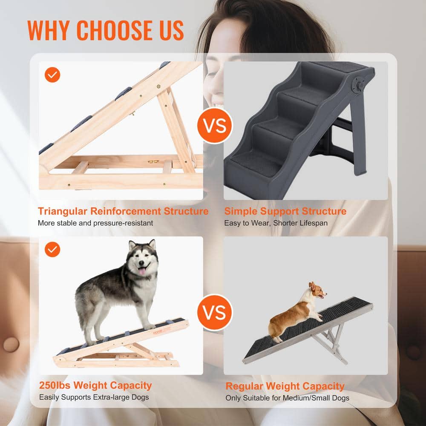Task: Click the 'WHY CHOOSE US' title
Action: (x=105, y=30)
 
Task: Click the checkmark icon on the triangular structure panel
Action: (x=53, y=75)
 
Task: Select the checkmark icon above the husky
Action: (x=53, y=250)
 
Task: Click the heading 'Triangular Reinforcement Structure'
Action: (x=123, y=211)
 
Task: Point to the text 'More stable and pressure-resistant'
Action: (x=95, y=223)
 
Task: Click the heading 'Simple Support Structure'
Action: (x=285, y=211)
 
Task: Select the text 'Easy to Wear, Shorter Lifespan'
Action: (x=276, y=223)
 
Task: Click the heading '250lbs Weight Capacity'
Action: (x=95, y=386)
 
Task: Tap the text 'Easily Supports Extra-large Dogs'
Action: (x=94, y=397)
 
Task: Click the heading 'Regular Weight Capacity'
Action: (x=285, y=386)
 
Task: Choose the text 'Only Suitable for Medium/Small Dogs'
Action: (x=287, y=398)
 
